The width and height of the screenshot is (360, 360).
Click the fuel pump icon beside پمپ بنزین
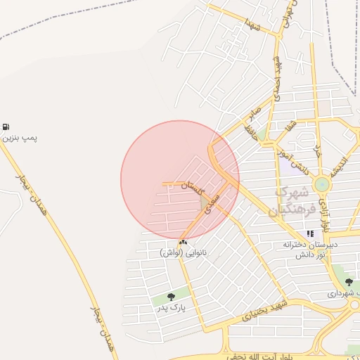[x=6, y=127]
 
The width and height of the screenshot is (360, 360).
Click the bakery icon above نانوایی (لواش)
[x=184, y=242]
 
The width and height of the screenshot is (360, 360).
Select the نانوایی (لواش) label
[x=184, y=252]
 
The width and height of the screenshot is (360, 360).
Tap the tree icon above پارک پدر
[x=172, y=297]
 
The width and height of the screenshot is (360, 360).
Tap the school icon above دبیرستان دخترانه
[x=310, y=234]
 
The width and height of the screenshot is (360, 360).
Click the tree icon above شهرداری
[x=349, y=282]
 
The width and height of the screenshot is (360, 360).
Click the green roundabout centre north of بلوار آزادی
[x=322, y=185]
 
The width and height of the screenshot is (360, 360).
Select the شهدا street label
[x=252, y=26]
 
